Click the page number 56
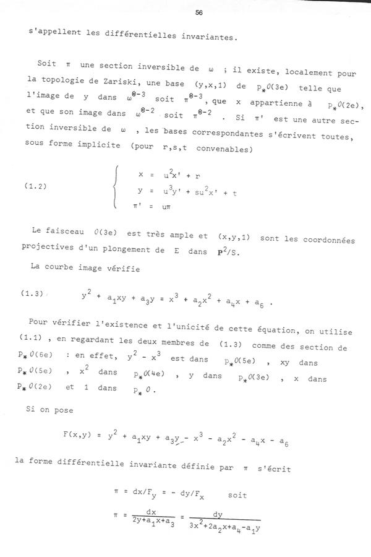(x=198, y=12)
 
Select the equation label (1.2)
(x=40, y=184)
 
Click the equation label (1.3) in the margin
(x=40, y=294)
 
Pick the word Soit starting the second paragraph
(x=46, y=64)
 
